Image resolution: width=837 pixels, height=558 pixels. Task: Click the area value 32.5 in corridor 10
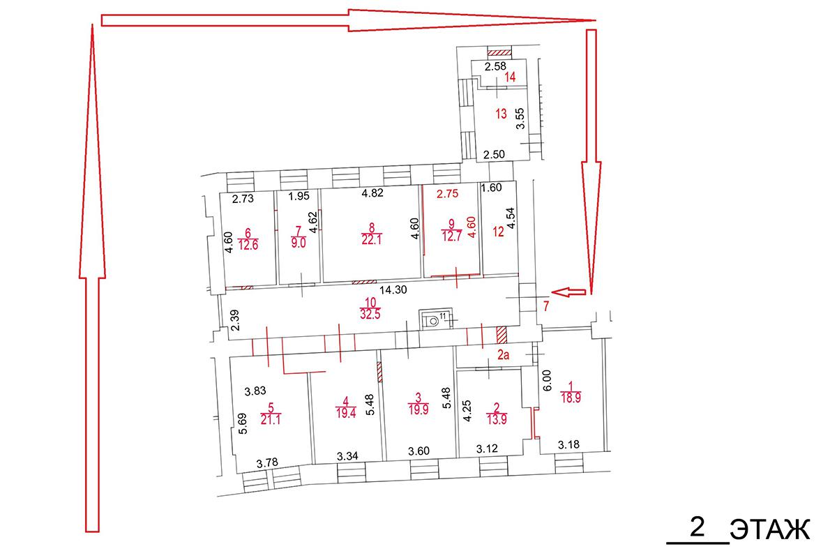(370, 315)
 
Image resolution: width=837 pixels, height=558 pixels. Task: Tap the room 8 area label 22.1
(371, 239)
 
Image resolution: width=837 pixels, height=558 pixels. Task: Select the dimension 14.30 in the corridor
(393, 289)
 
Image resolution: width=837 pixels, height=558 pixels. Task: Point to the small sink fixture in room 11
(433, 321)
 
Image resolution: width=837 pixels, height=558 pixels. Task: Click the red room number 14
(510, 77)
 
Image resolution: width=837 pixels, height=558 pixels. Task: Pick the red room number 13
(501, 114)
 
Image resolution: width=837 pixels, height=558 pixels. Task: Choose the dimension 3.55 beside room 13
(520, 119)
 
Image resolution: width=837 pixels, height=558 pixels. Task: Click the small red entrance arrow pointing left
(568, 292)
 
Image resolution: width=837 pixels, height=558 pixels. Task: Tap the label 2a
(503, 355)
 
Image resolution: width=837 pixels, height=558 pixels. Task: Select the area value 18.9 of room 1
(571, 398)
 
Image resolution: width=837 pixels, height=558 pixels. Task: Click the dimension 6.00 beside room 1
(547, 380)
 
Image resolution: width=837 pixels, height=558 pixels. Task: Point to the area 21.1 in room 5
(271, 419)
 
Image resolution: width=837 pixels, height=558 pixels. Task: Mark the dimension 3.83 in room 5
(255, 391)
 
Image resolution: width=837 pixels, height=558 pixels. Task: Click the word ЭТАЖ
(770, 529)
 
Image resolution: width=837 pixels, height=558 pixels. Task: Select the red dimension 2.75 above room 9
(447, 194)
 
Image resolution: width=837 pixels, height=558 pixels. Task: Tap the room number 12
(498, 232)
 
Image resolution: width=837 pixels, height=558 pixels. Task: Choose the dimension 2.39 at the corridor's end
(235, 320)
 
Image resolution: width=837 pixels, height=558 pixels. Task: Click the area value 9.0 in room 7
(299, 243)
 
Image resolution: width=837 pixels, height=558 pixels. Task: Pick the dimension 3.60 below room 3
(418, 451)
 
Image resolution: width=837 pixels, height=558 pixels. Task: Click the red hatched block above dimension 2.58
(499, 53)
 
